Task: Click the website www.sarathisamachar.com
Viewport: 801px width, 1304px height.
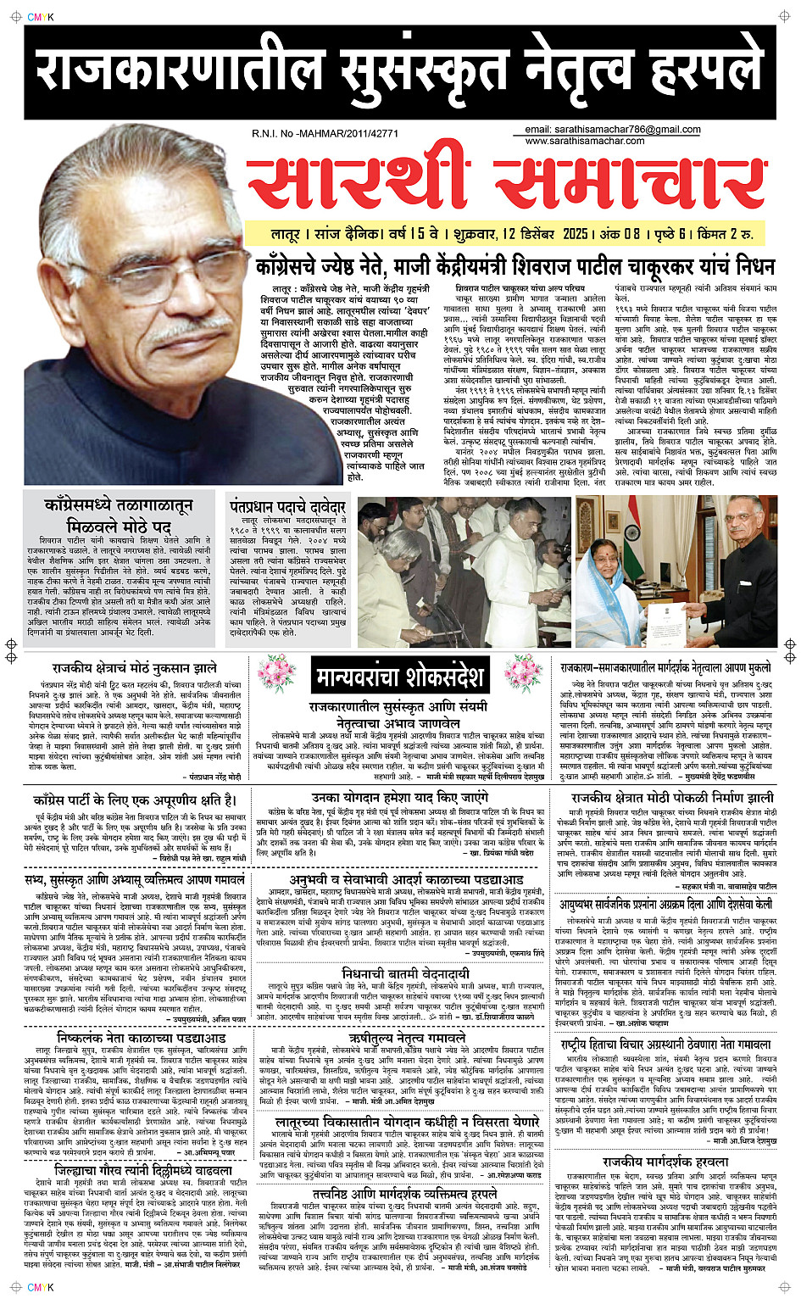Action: [584, 141]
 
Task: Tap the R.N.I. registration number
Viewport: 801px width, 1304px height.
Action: [325, 133]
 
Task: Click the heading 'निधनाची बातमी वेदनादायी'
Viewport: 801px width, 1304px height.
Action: [405, 974]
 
